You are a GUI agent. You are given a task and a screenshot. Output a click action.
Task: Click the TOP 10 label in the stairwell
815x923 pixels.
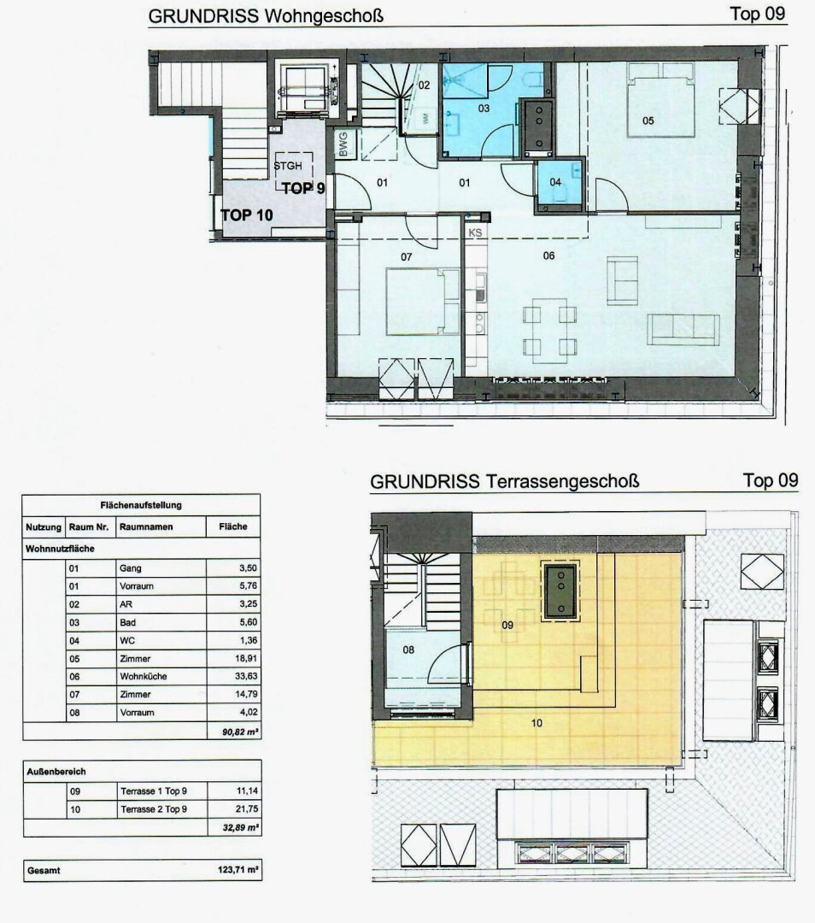[x=247, y=215]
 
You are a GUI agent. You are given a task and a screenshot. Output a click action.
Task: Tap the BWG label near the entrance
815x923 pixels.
[x=343, y=144]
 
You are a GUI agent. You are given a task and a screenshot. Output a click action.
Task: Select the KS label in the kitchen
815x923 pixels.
[x=476, y=232]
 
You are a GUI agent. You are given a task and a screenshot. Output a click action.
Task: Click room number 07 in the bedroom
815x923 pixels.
[x=406, y=256]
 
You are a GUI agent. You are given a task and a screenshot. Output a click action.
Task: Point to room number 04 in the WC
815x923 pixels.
[x=555, y=182]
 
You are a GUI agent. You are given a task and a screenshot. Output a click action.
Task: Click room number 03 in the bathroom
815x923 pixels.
[x=484, y=109]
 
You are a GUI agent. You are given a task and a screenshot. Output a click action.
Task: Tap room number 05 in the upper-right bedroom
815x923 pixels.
[x=648, y=121]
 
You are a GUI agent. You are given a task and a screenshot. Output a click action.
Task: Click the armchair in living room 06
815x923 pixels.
[x=622, y=281]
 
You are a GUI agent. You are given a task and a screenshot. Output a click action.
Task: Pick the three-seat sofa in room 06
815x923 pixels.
[x=683, y=329]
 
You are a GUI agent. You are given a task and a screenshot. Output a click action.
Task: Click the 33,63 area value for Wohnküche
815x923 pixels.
[x=247, y=676]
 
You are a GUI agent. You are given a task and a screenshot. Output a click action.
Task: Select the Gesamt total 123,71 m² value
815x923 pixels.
[x=238, y=869]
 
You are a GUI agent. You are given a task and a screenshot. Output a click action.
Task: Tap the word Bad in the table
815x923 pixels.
[x=127, y=622]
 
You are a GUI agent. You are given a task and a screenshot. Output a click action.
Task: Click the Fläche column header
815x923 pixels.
[x=233, y=526]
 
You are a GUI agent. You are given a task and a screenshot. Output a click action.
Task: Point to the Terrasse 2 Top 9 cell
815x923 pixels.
[x=154, y=809]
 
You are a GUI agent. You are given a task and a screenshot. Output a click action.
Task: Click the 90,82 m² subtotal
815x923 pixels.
[x=240, y=731]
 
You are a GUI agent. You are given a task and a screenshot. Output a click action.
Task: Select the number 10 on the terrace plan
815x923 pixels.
[x=536, y=723]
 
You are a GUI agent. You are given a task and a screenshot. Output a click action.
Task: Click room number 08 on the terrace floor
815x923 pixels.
[x=408, y=650]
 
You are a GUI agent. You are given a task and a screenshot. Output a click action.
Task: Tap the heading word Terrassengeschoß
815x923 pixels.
[x=563, y=481]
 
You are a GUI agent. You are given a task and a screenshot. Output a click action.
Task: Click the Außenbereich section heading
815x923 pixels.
[x=56, y=771]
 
